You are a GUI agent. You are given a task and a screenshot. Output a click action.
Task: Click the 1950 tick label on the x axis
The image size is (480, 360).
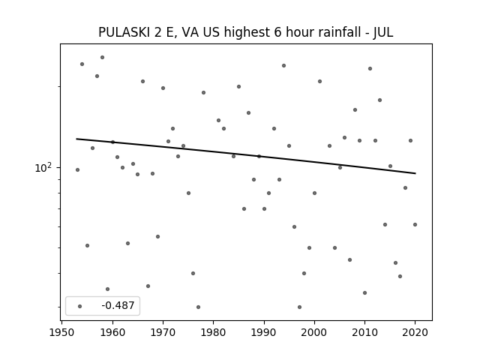[62, 332]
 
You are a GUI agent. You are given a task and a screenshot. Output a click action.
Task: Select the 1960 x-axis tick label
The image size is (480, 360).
[112, 332]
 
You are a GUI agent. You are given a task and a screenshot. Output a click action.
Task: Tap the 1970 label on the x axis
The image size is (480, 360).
[163, 332]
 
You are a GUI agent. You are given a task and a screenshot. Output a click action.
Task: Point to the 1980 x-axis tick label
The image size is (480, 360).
[213, 332]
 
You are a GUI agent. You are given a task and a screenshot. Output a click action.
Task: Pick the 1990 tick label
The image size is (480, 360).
[264, 332]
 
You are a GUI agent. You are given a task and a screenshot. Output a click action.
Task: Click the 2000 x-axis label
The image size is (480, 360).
[314, 332]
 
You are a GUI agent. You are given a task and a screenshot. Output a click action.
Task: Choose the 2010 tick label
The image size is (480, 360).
[364, 332]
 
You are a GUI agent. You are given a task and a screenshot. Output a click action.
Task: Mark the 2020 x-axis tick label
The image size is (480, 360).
[415, 332]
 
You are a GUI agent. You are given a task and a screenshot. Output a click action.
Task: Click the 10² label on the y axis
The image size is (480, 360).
[43, 167]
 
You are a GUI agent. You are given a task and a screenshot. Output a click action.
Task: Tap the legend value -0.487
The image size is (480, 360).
[118, 305]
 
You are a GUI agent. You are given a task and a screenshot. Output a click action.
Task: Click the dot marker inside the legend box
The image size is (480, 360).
[80, 306]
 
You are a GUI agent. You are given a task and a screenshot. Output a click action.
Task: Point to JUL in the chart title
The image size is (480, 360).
[383, 32]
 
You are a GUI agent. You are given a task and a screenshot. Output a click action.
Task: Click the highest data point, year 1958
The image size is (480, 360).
[102, 57]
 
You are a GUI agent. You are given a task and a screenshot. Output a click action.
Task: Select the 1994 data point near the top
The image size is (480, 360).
[283, 65]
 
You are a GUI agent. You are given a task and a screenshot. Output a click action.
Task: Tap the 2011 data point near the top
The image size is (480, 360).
[370, 68]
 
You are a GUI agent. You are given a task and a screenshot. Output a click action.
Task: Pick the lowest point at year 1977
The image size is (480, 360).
[198, 307]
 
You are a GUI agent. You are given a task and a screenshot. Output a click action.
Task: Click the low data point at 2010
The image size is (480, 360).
[364, 292]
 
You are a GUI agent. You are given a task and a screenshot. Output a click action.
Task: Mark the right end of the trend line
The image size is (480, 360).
[415, 173]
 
